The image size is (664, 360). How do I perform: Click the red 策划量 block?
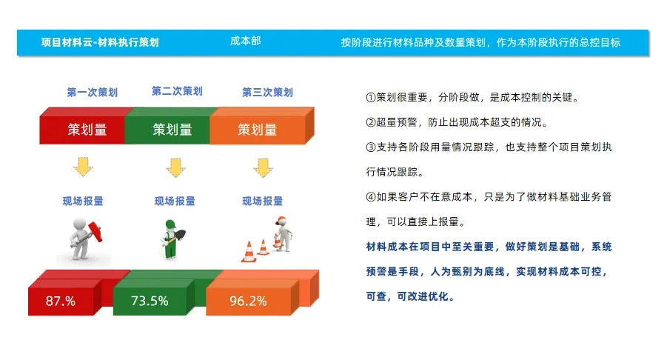tap(87, 130)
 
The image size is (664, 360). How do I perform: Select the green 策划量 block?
tap(172, 130)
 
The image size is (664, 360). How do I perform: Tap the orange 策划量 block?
tap(258, 130)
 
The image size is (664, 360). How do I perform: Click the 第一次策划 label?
tap(92, 93)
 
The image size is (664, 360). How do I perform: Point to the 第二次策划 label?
tap(177, 91)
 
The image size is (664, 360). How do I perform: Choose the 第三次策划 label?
tap(267, 93)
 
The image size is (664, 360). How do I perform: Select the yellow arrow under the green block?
tap(175, 168)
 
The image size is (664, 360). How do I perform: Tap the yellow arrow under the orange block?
tap(263, 168)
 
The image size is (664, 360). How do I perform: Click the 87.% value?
tap(61, 301)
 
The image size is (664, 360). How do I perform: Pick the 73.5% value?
tap(150, 301)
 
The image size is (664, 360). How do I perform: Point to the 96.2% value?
tap(248, 301)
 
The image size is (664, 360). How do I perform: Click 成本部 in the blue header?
tap(245, 42)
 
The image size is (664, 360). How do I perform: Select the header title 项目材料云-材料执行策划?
tap(100, 43)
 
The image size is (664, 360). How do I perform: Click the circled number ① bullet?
tap(371, 98)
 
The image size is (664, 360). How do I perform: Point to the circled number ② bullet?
tap(371, 122)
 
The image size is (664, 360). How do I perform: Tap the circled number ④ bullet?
tap(371, 197)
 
